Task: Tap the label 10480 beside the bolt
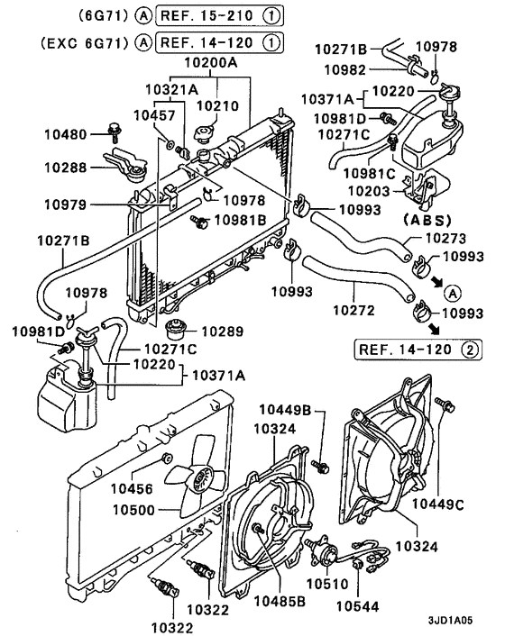(x=67, y=135)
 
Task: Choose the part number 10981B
(x=243, y=219)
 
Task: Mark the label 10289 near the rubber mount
(x=222, y=332)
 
